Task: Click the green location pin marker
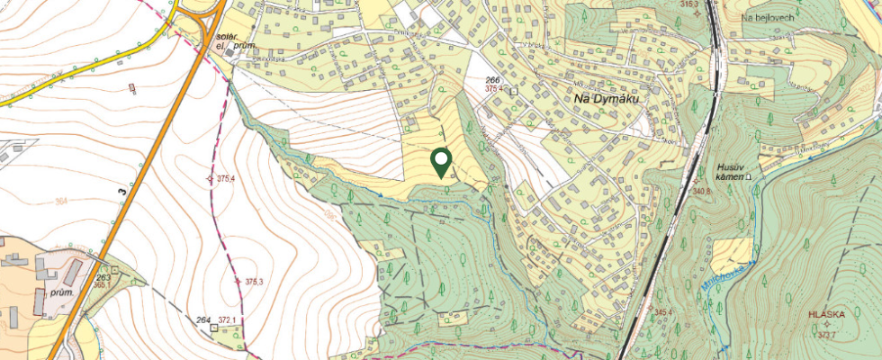tap(441, 162)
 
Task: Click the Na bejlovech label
tap(767, 17)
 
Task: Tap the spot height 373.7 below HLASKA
tap(827, 335)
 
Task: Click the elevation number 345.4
tap(663, 312)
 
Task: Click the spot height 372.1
tap(226, 319)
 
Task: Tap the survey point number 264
tap(202, 319)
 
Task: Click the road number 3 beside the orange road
tap(121, 190)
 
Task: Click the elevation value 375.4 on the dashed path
tap(226, 179)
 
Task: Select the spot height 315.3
tap(689, 4)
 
